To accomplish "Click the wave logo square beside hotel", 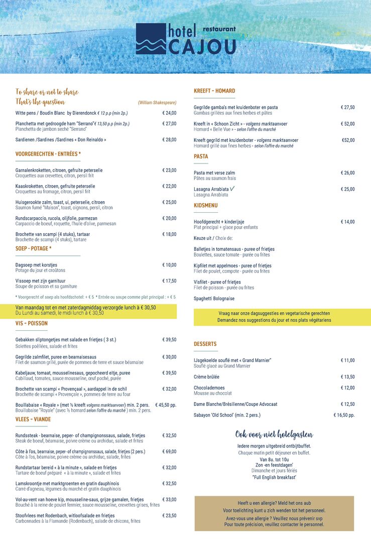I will pos(151,39).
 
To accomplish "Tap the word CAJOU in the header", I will pos(202,47).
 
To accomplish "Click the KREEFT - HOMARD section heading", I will pos(214,91).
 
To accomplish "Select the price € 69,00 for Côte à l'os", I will pos(169,451).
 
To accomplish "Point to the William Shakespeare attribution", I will pos(157,103).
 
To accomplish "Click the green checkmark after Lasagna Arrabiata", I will pos(232,189).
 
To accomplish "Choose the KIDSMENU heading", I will pos(206,206).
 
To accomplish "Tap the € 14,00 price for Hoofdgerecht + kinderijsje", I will pos(347,222).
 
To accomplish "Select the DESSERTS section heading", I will pos(205,344).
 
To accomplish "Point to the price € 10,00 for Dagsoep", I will pos(169,265).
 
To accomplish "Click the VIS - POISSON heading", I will pos(32,324).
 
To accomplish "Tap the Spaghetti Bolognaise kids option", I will pos(214,299).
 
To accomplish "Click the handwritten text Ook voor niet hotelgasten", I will pos(274,434).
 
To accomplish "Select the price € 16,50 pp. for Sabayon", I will pos(344,415).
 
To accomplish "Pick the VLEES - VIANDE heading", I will pos(33,419).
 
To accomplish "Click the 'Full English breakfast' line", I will pos(274,477).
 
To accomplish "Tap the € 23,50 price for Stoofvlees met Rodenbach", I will pos(169,515).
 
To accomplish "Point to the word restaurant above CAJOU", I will pos(219,29).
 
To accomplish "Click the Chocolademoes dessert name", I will pos(209,388).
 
